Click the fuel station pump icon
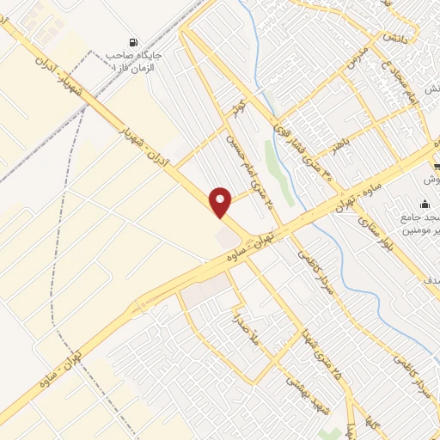pos(132,42)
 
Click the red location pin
pos(221,202)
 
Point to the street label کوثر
pos(239,112)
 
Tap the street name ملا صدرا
pos(237,331)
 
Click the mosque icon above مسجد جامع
pos(425,205)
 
